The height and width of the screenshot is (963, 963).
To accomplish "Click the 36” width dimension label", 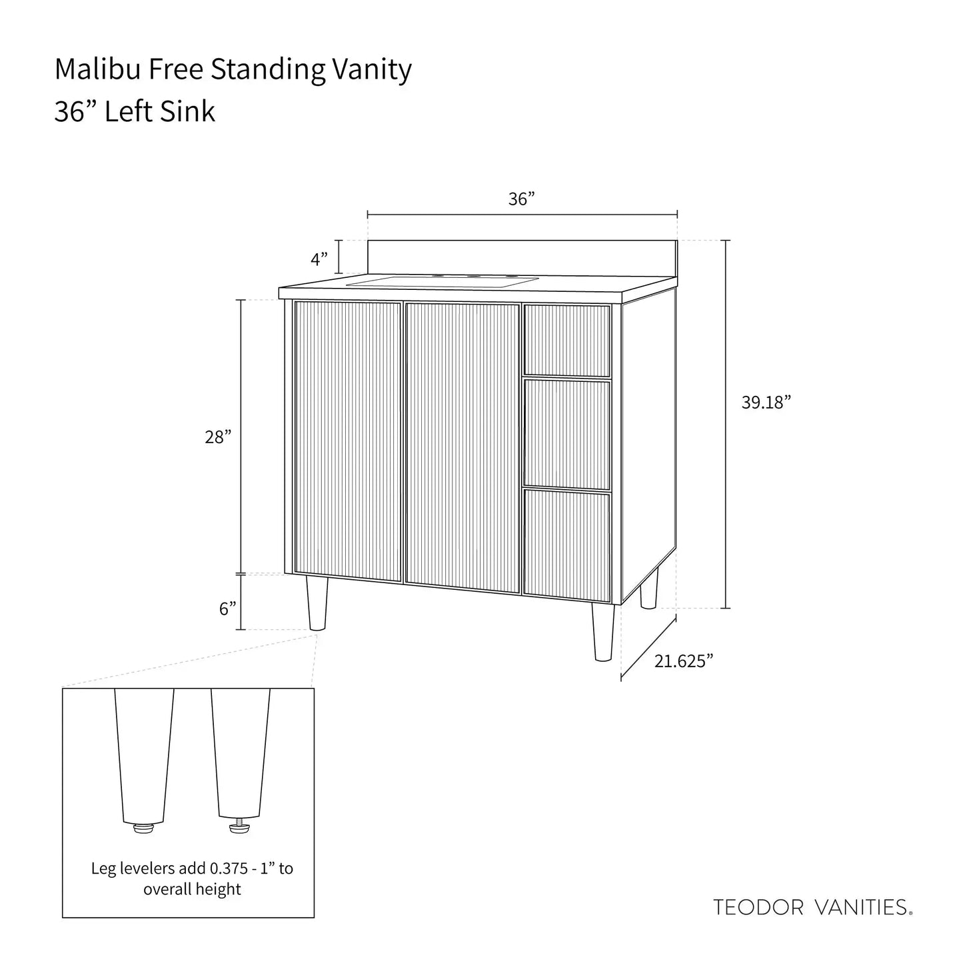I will click(x=522, y=199).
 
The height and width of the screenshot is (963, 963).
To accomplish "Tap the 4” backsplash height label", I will click(x=320, y=259).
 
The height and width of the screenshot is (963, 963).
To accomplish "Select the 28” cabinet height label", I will click(x=218, y=437).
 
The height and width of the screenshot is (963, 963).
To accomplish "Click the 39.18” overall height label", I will click(x=766, y=403).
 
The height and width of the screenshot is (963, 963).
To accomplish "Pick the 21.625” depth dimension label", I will click(x=684, y=660).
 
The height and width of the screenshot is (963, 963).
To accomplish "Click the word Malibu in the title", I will click(x=97, y=69).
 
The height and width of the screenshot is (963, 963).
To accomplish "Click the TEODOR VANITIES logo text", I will click(x=812, y=907).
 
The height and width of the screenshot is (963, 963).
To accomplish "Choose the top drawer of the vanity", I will click(x=567, y=341).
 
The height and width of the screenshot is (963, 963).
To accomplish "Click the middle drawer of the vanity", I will click(x=567, y=434).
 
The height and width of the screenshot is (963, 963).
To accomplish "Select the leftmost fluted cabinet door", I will click(x=348, y=441).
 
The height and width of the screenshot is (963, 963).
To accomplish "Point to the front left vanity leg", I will click(x=317, y=604).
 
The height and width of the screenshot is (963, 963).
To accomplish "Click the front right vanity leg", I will click(x=602, y=632).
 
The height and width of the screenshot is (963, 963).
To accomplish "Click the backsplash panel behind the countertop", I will click(x=522, y=257).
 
